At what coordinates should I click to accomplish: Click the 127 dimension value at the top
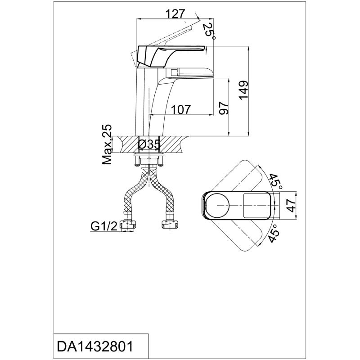pos(175,14)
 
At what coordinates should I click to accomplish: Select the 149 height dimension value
pos(243,91)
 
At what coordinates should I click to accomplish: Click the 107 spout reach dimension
pos(182,109)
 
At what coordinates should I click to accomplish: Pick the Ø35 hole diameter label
pos(148,145)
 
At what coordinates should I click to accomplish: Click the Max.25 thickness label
pos(107,145)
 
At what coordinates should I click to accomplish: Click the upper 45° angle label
pos(275,180)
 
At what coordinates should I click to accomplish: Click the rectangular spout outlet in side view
pos(173,72)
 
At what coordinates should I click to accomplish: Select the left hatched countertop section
pos(124,145)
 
